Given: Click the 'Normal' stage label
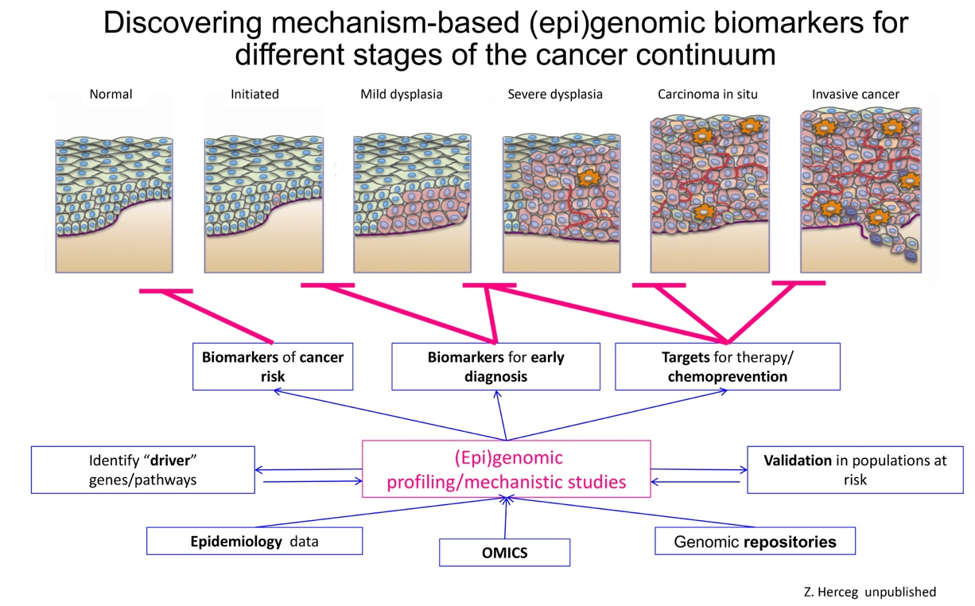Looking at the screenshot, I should tap(111, 94).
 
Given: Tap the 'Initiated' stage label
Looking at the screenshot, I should tap(254, 94).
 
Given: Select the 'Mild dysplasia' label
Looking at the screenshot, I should tap(401, 94).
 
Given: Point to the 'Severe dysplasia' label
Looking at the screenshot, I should tap(555, 94).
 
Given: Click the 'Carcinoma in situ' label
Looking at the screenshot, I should tap(707, 94).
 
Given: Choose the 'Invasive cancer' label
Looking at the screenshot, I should tap(855, 94).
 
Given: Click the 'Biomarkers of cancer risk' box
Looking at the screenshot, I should tap(273, 367).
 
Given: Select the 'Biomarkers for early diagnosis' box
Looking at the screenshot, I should tap(495, 367).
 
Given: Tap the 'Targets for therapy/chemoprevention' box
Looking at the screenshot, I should tap(727, 367).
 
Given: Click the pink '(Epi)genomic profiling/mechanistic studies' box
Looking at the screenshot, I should tap(506, 469).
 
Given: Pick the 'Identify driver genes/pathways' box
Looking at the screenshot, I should tap(143, 470).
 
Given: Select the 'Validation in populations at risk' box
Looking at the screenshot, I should tap(855, 470).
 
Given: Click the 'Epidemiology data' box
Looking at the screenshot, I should tap(254, 542).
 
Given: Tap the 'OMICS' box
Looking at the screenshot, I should tap(504, 553).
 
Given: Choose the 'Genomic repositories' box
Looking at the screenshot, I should tap(755, 542).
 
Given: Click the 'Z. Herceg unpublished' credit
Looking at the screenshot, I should tap(870, 592).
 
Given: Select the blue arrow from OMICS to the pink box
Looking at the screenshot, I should tap(505, 518).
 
